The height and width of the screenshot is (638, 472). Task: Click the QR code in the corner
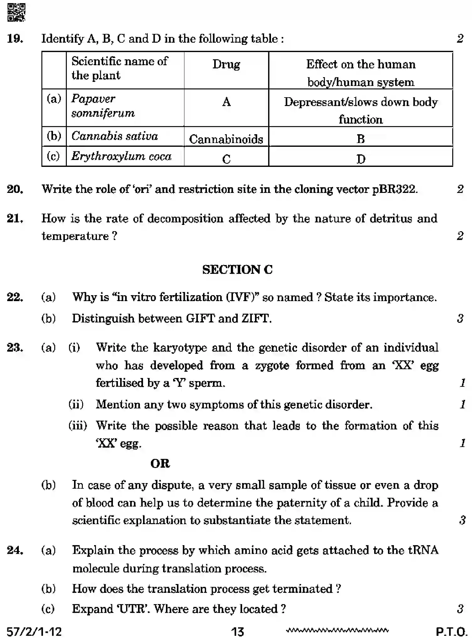pos(16,12)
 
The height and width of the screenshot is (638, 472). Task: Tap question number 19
pos(15,39)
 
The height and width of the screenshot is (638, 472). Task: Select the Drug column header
pos(226,65)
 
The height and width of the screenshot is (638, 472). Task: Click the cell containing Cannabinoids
pos(226,139)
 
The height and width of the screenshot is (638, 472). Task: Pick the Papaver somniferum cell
pos(103,106)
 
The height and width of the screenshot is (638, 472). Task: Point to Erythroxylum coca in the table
pos(121,156)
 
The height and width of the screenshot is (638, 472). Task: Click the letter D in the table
pos(361,159)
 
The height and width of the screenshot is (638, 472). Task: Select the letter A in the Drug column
pos(226,102)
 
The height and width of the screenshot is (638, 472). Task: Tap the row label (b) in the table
pos(54,136)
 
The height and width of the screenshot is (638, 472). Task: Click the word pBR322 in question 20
pos(394,189)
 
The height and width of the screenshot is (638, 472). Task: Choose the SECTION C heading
pos(237,269)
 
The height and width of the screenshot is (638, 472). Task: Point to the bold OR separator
pos(160,463)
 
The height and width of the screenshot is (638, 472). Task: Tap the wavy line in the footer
pos(337,630)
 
